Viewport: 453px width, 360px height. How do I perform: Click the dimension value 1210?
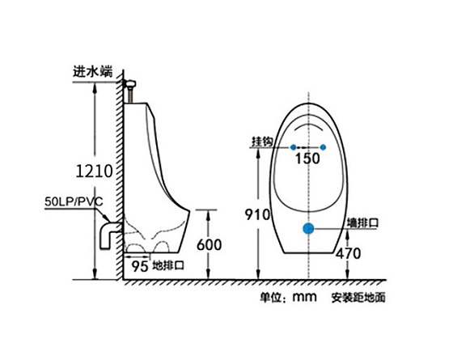[94, 172]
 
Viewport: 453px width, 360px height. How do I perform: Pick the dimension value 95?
[139, 265]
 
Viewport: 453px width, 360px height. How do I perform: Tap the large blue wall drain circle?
[308, 229]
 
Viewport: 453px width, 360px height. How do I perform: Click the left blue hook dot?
[291, 146]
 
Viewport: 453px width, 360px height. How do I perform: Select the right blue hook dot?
[324, 146]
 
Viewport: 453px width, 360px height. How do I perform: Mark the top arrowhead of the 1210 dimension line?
[96, 87]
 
